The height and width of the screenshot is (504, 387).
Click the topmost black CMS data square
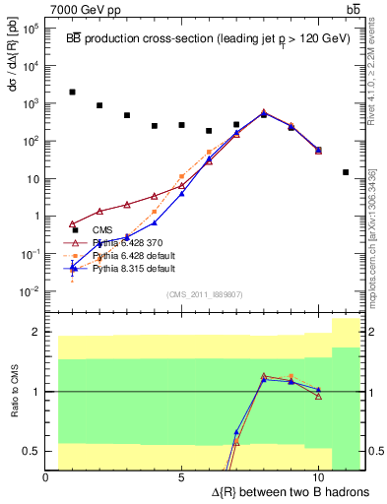[73, 92]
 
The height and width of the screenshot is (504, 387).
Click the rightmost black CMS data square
[346, 172]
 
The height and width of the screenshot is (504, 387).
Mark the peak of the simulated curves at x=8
[264, 113]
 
